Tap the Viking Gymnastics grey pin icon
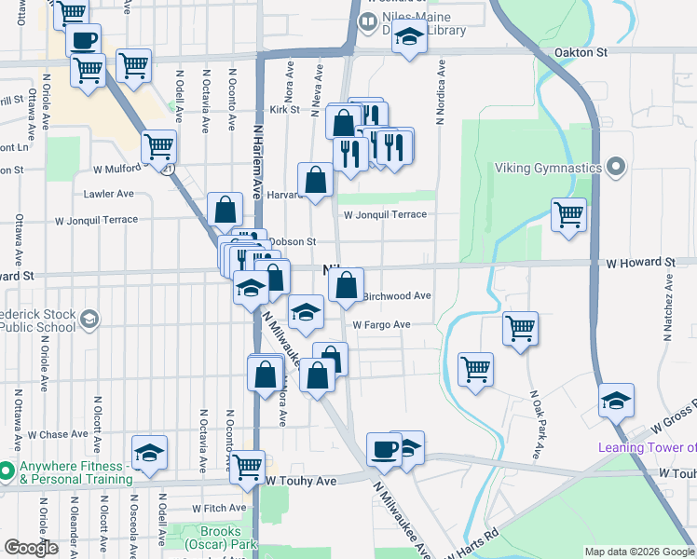click(x=615, y=168)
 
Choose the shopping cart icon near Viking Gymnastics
click(x=568, y=214)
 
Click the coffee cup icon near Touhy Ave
click(x=383, y=449)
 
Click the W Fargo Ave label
click(x=381, y=324)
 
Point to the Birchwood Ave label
click(x=396, y=295)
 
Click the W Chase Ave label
click(x=57, y=435)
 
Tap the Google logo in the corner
click(x=30, y=548)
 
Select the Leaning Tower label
click(x=647, y=448)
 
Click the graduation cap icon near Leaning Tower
click(x=616, y=400)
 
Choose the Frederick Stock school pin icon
click(x=89, y=320)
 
